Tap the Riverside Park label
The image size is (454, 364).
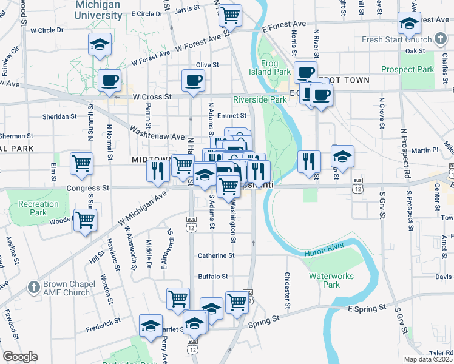pos(260,99)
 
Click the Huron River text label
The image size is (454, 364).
pos(325,247)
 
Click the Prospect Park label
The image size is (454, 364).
pos(408,70)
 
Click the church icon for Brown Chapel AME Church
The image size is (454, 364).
pos(33,286)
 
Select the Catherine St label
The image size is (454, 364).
pos(216,256)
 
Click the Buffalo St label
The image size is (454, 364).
pos(213,276)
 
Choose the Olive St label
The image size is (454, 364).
pos(207,65)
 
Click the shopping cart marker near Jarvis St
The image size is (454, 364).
pos(229,15)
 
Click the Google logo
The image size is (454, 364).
pos(20,357)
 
